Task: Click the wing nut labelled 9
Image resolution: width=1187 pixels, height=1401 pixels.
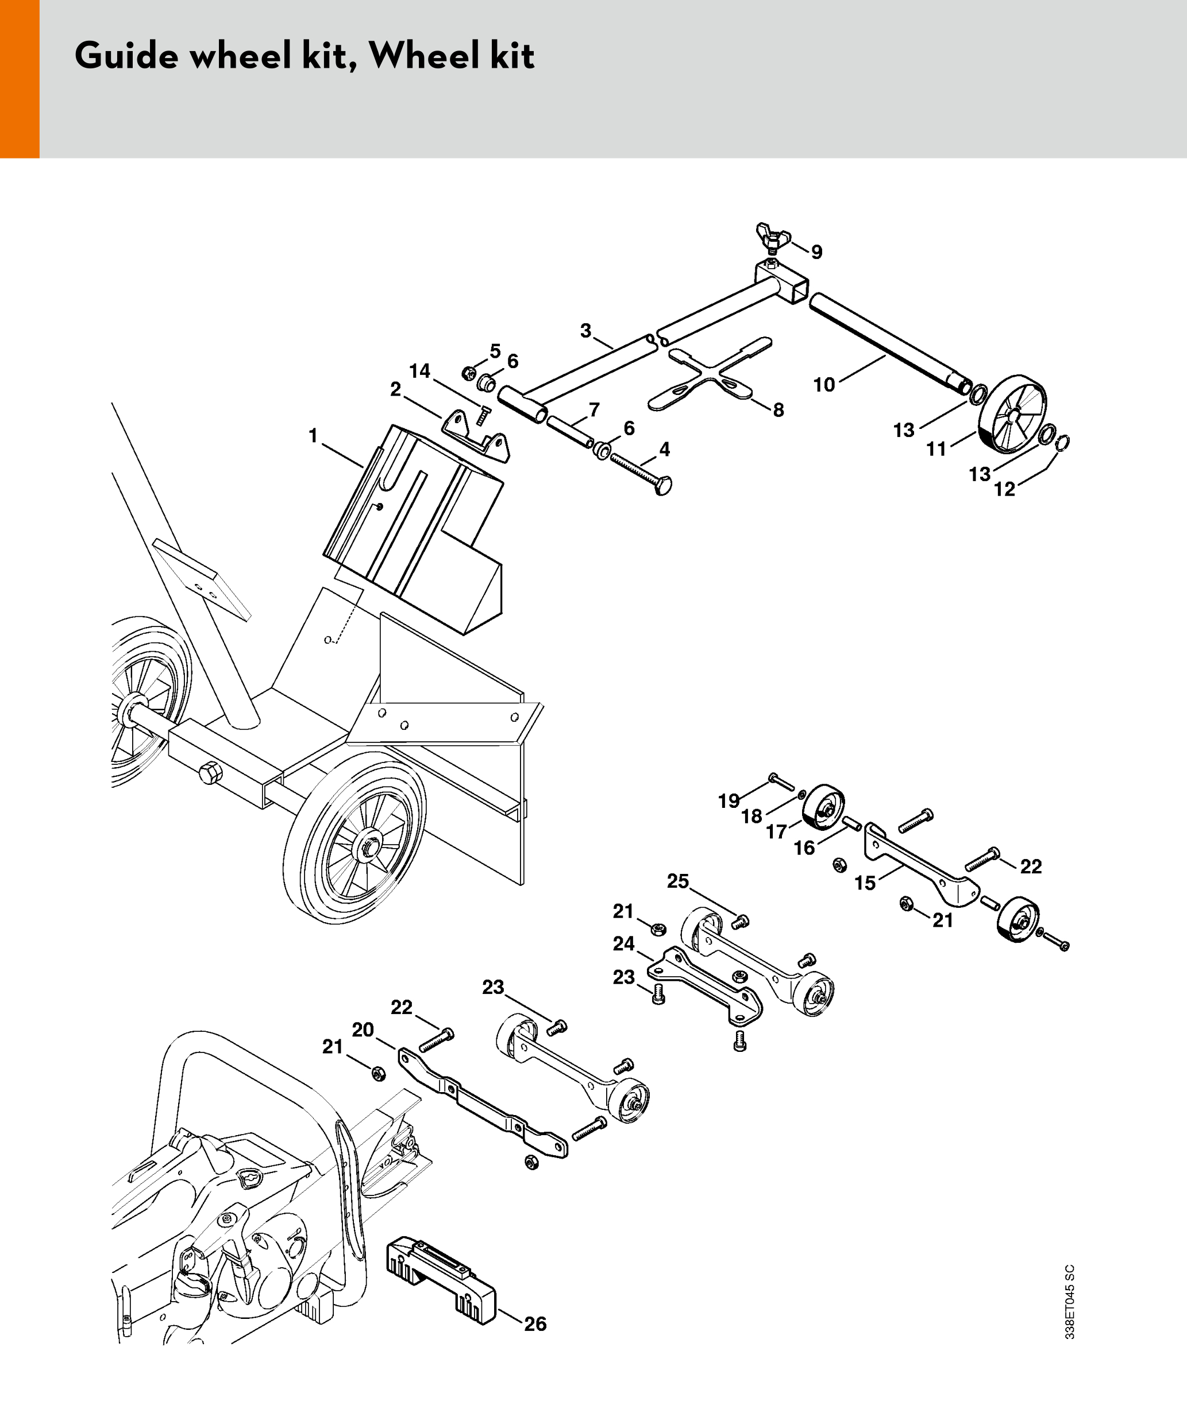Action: tap(772, 235)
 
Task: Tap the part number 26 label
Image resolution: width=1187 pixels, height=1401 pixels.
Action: tap(535, 1323)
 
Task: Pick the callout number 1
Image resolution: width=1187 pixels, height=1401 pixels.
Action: tap(313, 436)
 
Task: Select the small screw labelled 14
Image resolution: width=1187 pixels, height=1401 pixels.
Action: tap(483, 415)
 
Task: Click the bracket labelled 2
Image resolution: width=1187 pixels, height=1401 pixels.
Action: tap(476, 435)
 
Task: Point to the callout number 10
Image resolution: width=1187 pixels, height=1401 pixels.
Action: tap(824, 385)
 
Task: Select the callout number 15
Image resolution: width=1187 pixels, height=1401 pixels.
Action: tap(865, 883)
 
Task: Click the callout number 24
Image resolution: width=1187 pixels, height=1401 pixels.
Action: tap(623, 943)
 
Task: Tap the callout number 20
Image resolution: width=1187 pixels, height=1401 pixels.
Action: tap(363, 1030)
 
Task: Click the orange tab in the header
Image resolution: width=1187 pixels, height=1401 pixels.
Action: tap(20, 79)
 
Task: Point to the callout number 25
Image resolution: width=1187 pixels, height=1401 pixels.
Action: tap(677, 881)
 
